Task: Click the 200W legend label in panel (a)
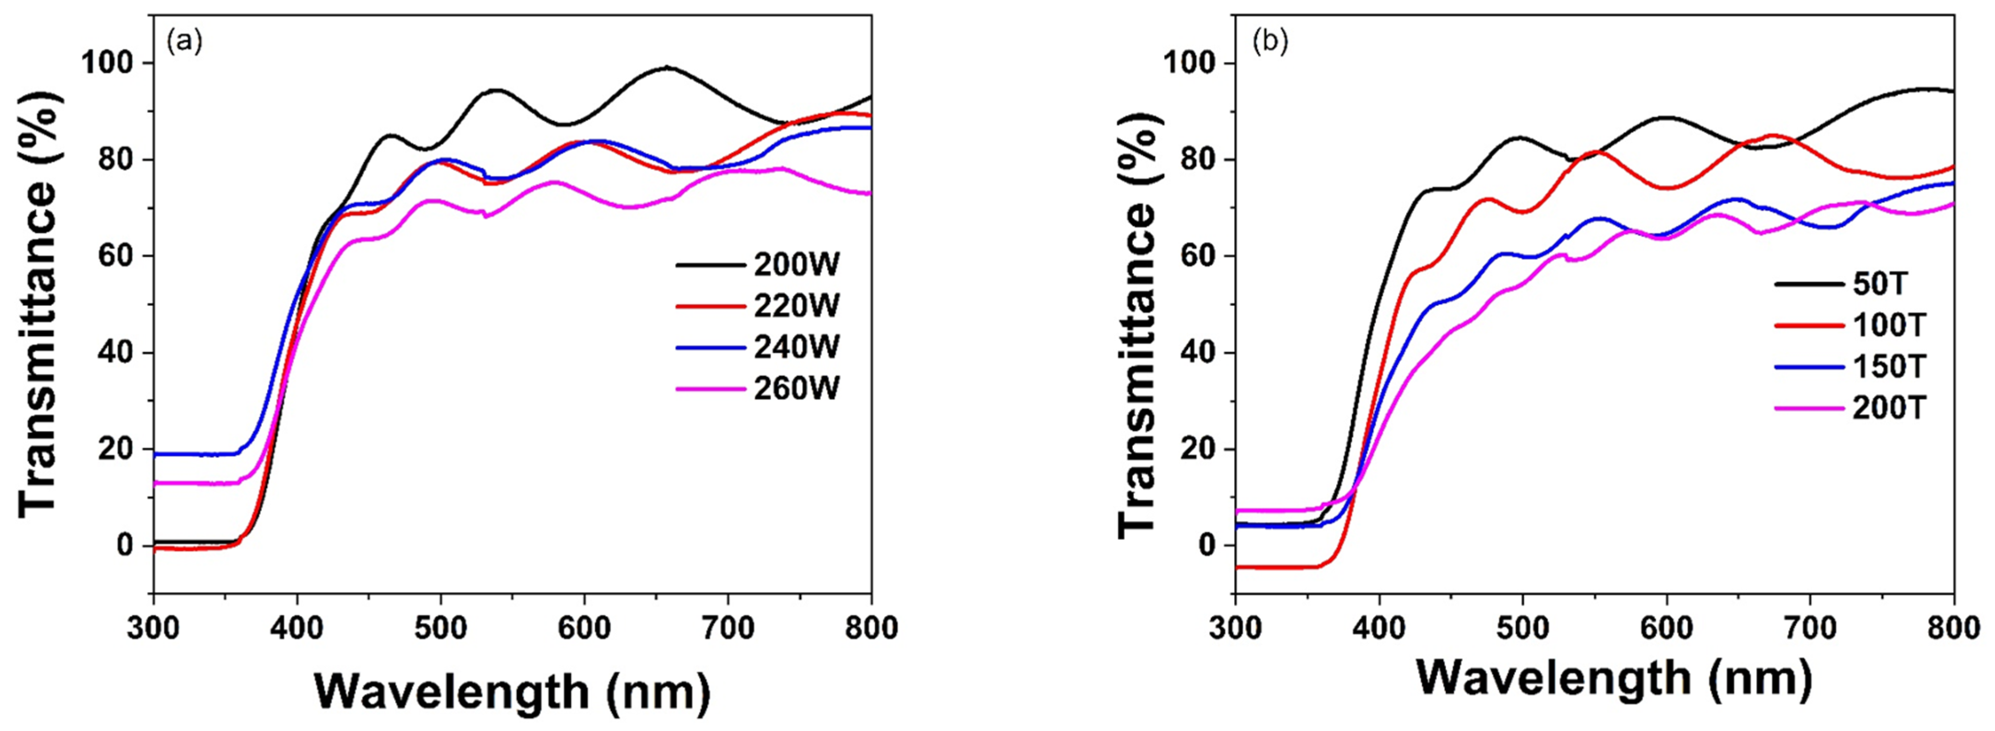point(797,265)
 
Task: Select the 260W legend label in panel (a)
point(797,388)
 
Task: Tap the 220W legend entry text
point(797,307)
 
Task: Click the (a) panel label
point(184,41)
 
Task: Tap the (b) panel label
point(1270,41)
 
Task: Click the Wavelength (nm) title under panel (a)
point(513,691)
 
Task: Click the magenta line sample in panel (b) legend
point(1809,407)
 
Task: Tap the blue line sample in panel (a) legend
point(711,348)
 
